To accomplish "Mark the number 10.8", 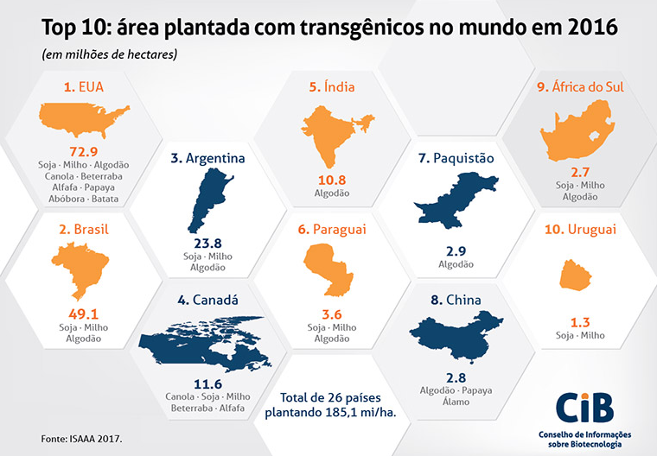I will click(x=333, y=180).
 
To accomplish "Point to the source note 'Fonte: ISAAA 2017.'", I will click(x=81, y=438).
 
